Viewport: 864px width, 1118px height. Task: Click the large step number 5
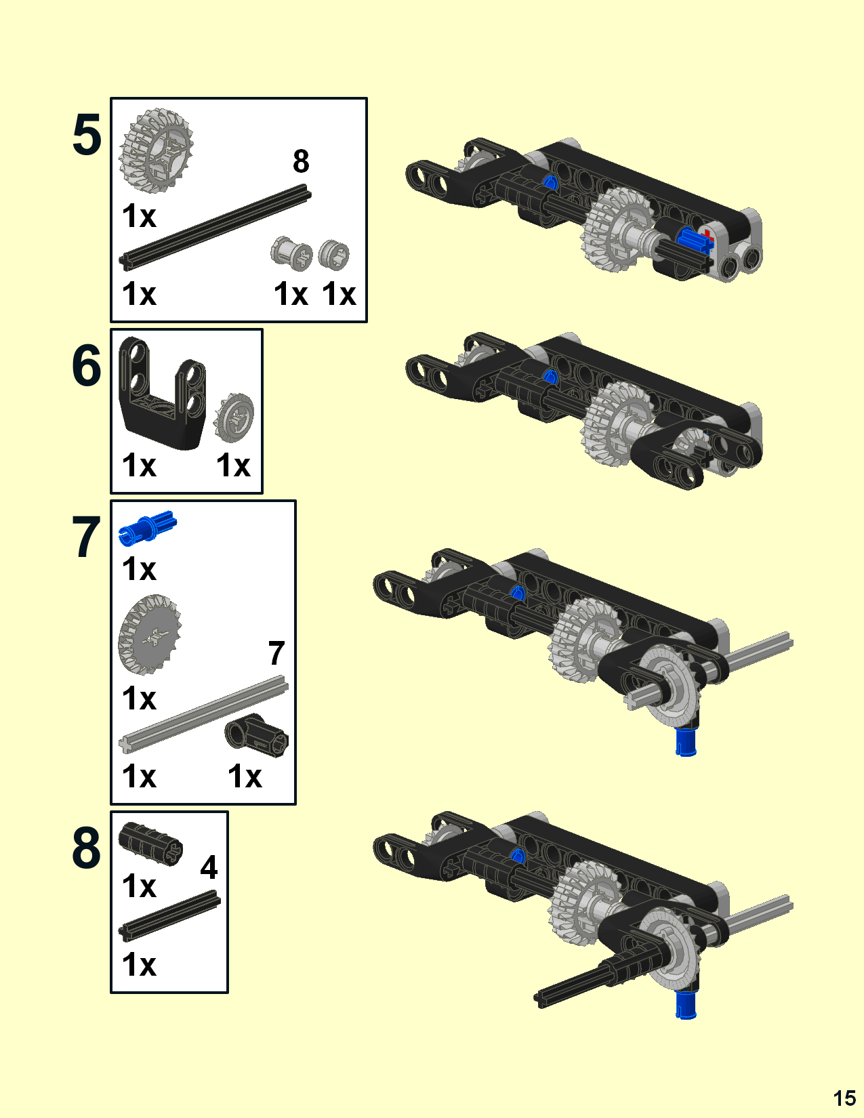[87, 136]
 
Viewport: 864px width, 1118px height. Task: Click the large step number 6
[87, 366]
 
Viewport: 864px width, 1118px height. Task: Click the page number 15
[844, 1098]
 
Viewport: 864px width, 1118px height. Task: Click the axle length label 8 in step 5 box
[301, 161]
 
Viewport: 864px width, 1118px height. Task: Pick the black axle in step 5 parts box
[215, 228]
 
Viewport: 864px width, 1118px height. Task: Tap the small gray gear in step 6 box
[234, 417]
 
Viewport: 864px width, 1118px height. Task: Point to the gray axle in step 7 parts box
[203, 715]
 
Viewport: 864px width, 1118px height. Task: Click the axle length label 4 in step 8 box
[209, 867]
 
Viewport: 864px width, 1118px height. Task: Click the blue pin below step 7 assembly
[686, 742]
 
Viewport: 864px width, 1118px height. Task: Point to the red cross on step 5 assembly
[708, 236]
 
